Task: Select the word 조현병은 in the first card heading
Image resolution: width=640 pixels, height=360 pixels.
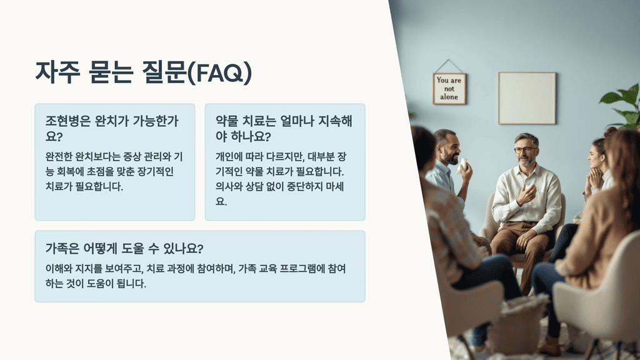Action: click(69, 121)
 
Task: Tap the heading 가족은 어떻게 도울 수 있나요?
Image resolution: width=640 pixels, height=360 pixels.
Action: click(124, 248)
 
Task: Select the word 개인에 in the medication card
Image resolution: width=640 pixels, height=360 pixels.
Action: click(231, 156)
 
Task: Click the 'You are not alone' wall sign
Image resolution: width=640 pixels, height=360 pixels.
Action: click(449, 88)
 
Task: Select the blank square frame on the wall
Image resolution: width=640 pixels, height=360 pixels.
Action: click(527, 97)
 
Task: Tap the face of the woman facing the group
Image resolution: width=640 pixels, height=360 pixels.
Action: click(596, 156)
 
